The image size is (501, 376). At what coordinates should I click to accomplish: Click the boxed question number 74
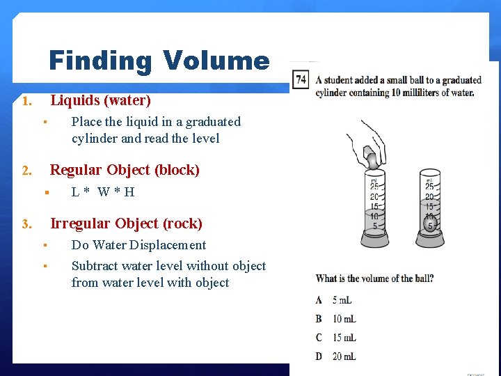click(x=301, y=79)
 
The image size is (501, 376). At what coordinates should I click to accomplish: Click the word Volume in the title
click(x=216, y=61)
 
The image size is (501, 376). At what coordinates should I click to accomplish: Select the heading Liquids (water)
click(x=100, y=100)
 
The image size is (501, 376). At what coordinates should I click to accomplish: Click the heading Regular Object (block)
click(x=125, y=170)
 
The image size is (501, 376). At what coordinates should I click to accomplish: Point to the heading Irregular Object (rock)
click(x=126, y=224)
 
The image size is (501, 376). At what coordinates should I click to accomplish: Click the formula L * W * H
click(x=103, y=192)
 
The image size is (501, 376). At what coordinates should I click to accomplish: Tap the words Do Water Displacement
click(x=138, y=245)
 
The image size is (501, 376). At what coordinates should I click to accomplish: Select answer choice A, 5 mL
click(x=335, y=300)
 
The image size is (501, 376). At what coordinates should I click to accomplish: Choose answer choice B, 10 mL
click(x=336, y=319)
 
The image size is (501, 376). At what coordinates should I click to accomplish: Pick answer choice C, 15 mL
click(x=336, y=338)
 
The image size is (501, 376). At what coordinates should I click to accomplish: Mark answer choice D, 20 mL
click(x=336, y=357)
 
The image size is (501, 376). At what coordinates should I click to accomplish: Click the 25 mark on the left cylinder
click(x=374, y=187)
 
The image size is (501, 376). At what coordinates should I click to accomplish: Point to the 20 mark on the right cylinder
click(x=430, y=197)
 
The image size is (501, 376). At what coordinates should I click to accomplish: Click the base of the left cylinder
click(x=375, y=241)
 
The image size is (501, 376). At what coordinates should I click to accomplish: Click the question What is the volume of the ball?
click(x=375, y=279)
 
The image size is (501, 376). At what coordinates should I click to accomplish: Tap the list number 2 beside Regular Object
click(x=26, y=171)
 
